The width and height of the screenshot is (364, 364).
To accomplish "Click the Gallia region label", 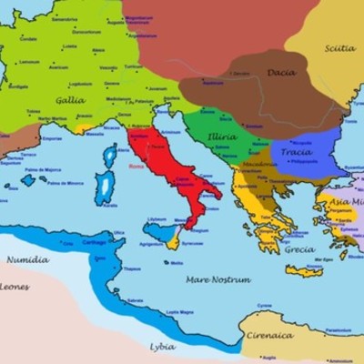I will tap(71, 100).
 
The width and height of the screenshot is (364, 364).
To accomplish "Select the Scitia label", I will tap(339, 48).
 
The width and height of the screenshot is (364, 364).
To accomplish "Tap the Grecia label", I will tap(300, 249).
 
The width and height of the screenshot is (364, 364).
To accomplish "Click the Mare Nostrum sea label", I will tap(217, 279).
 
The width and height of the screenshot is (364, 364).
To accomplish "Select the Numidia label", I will tap(27, 259).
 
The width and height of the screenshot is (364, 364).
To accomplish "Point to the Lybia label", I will tap(163, 346).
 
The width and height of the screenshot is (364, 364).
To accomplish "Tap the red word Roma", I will tap(136, 167).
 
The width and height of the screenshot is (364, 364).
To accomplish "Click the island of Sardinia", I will tap(106, 189).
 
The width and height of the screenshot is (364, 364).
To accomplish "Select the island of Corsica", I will tap(110, 157).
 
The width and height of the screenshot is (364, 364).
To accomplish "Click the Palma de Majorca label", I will tap(42, 170).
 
